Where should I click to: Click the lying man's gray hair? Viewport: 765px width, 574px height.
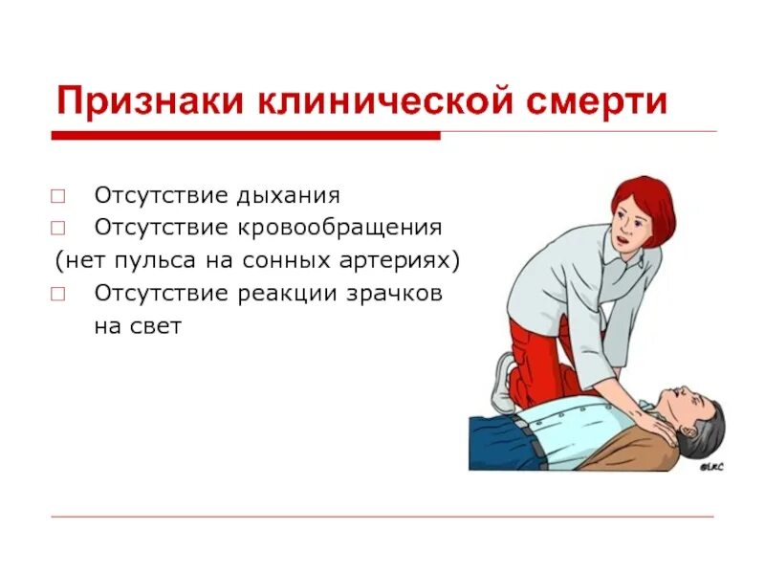pyautogui.click(x=709, y=421)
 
